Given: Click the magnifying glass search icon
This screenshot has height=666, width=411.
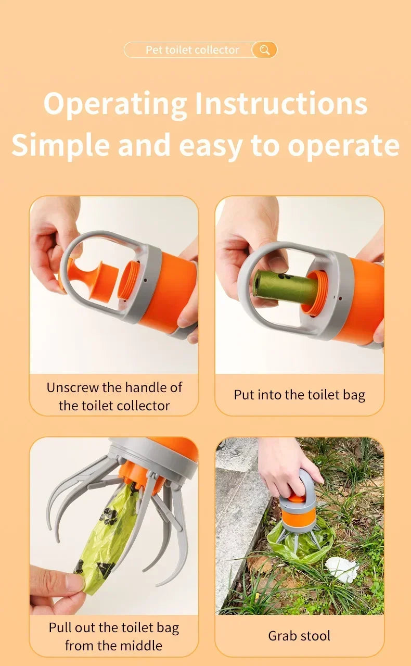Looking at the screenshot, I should pyautogui.click(x=264, y=50).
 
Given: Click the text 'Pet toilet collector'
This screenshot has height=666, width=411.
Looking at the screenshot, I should pyautogui.click(x=192, y=50).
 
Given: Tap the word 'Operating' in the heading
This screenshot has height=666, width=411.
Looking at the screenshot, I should pyautogui.click(x=115, y=104).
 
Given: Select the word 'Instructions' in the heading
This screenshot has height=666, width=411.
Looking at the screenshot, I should pyautogui.click(x=281, y=104).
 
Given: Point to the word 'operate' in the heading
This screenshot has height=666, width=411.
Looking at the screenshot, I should pyautogui.click(x=343, y=146).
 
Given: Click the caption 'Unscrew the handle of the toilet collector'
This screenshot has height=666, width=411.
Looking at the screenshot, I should pyautogui.click(x=114, y=396).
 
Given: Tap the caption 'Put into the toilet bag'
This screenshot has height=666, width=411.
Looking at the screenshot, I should pyautogui.click(x=299, y=395).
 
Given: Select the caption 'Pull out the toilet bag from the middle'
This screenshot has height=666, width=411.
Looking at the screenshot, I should pyautogui.click(x=114, y=636).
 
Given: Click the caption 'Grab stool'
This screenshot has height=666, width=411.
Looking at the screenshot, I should pyautogui.click(x=299, y=636).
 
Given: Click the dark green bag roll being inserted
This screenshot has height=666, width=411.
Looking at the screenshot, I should pyautogui.click(x=284, y=286).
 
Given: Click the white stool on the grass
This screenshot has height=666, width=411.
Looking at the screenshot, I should pyautogui.click(x=342, y=569).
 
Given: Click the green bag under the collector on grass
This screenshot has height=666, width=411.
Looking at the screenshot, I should pyautogui.click(x=302, y=544).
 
